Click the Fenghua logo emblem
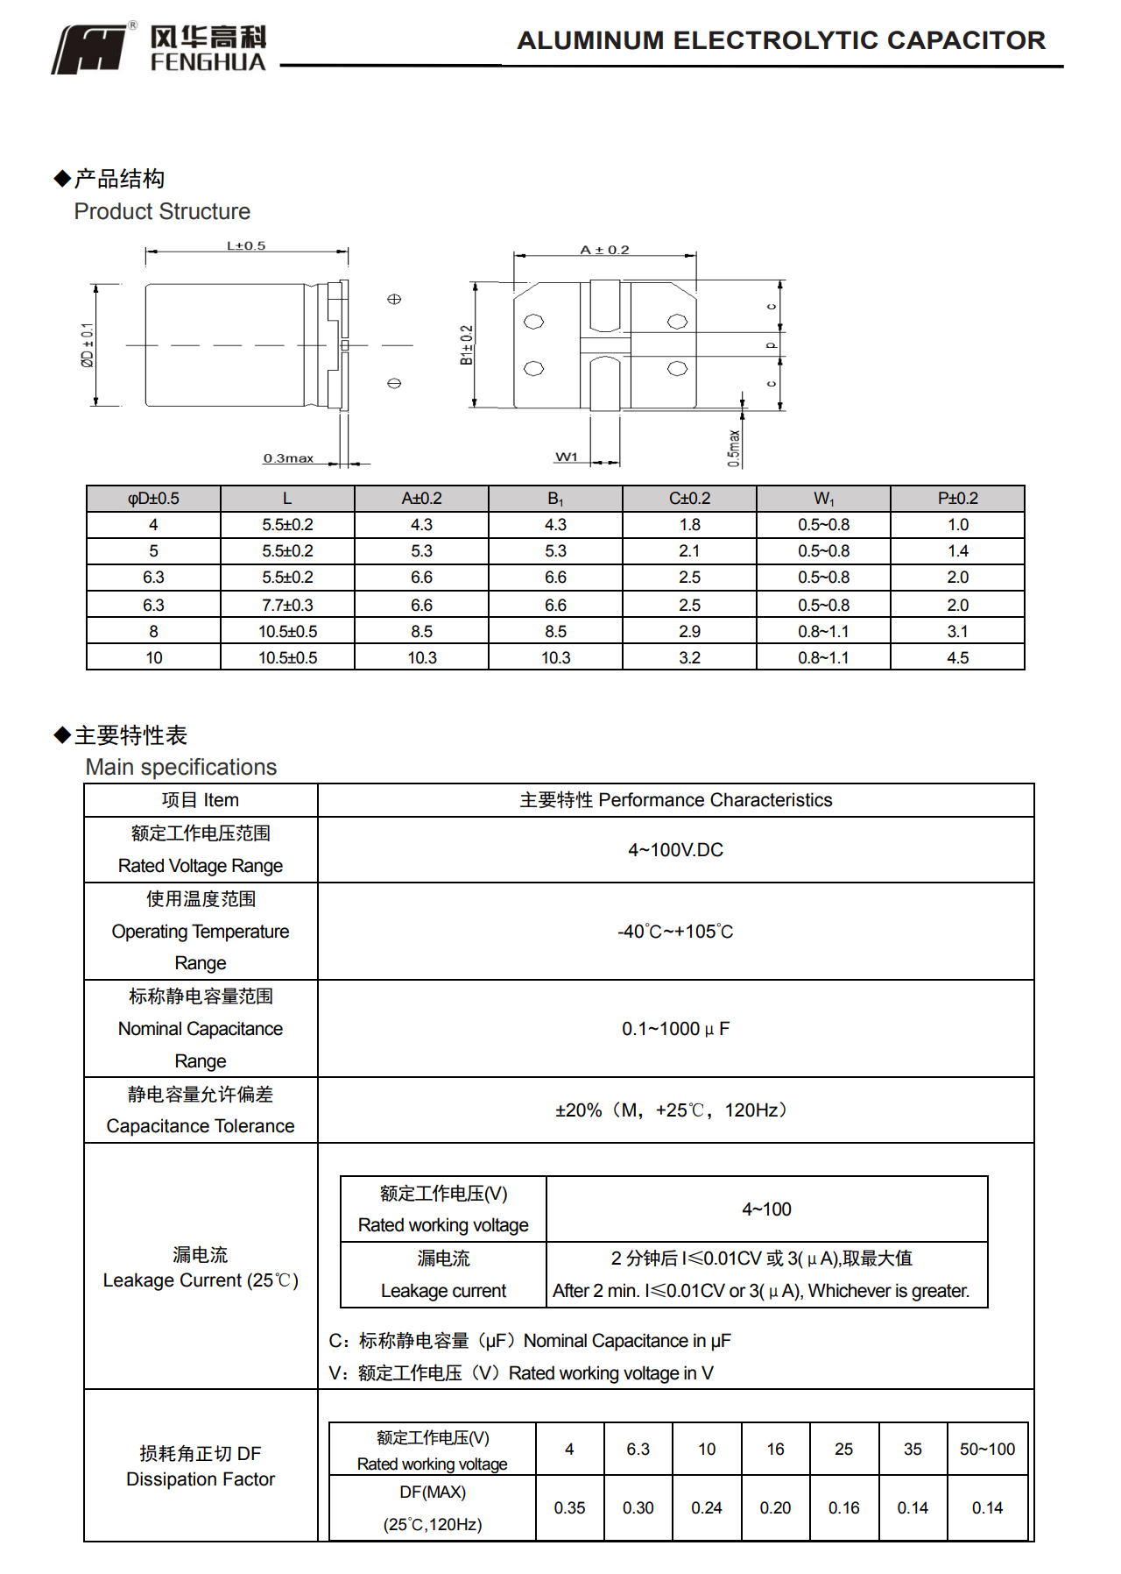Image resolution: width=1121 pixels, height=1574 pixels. [90, 49]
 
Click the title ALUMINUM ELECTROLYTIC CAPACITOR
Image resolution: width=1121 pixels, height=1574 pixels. [781, 40]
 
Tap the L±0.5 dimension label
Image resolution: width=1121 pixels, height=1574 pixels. [246, 245]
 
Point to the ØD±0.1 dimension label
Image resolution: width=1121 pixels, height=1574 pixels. [88, 344]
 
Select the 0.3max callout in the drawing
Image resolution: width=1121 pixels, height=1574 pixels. [288, 458]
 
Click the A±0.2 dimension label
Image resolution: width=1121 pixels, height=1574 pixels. [604, 250]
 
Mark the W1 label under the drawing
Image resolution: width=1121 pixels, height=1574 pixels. [567, 457]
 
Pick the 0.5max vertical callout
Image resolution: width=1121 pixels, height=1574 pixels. [734, 448]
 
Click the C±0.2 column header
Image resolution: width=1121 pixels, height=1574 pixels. [689, 499]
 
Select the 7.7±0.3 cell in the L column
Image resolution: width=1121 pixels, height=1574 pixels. [287, 605]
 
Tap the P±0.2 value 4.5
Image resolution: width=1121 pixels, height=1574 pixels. [957, 657]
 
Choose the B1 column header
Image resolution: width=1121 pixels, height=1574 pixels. [555, 499]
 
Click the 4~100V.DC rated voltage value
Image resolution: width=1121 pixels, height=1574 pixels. [675, 850]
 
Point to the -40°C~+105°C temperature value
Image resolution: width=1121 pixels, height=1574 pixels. [675, 932]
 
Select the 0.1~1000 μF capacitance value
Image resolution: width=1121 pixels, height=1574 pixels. [675, 1029]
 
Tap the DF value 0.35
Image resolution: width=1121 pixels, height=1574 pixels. [569, 1507]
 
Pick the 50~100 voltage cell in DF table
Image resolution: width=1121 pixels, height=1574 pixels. [987, 1449]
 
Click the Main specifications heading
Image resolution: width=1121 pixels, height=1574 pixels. [181, 767]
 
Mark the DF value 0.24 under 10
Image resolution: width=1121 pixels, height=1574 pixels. [707, 1507]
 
